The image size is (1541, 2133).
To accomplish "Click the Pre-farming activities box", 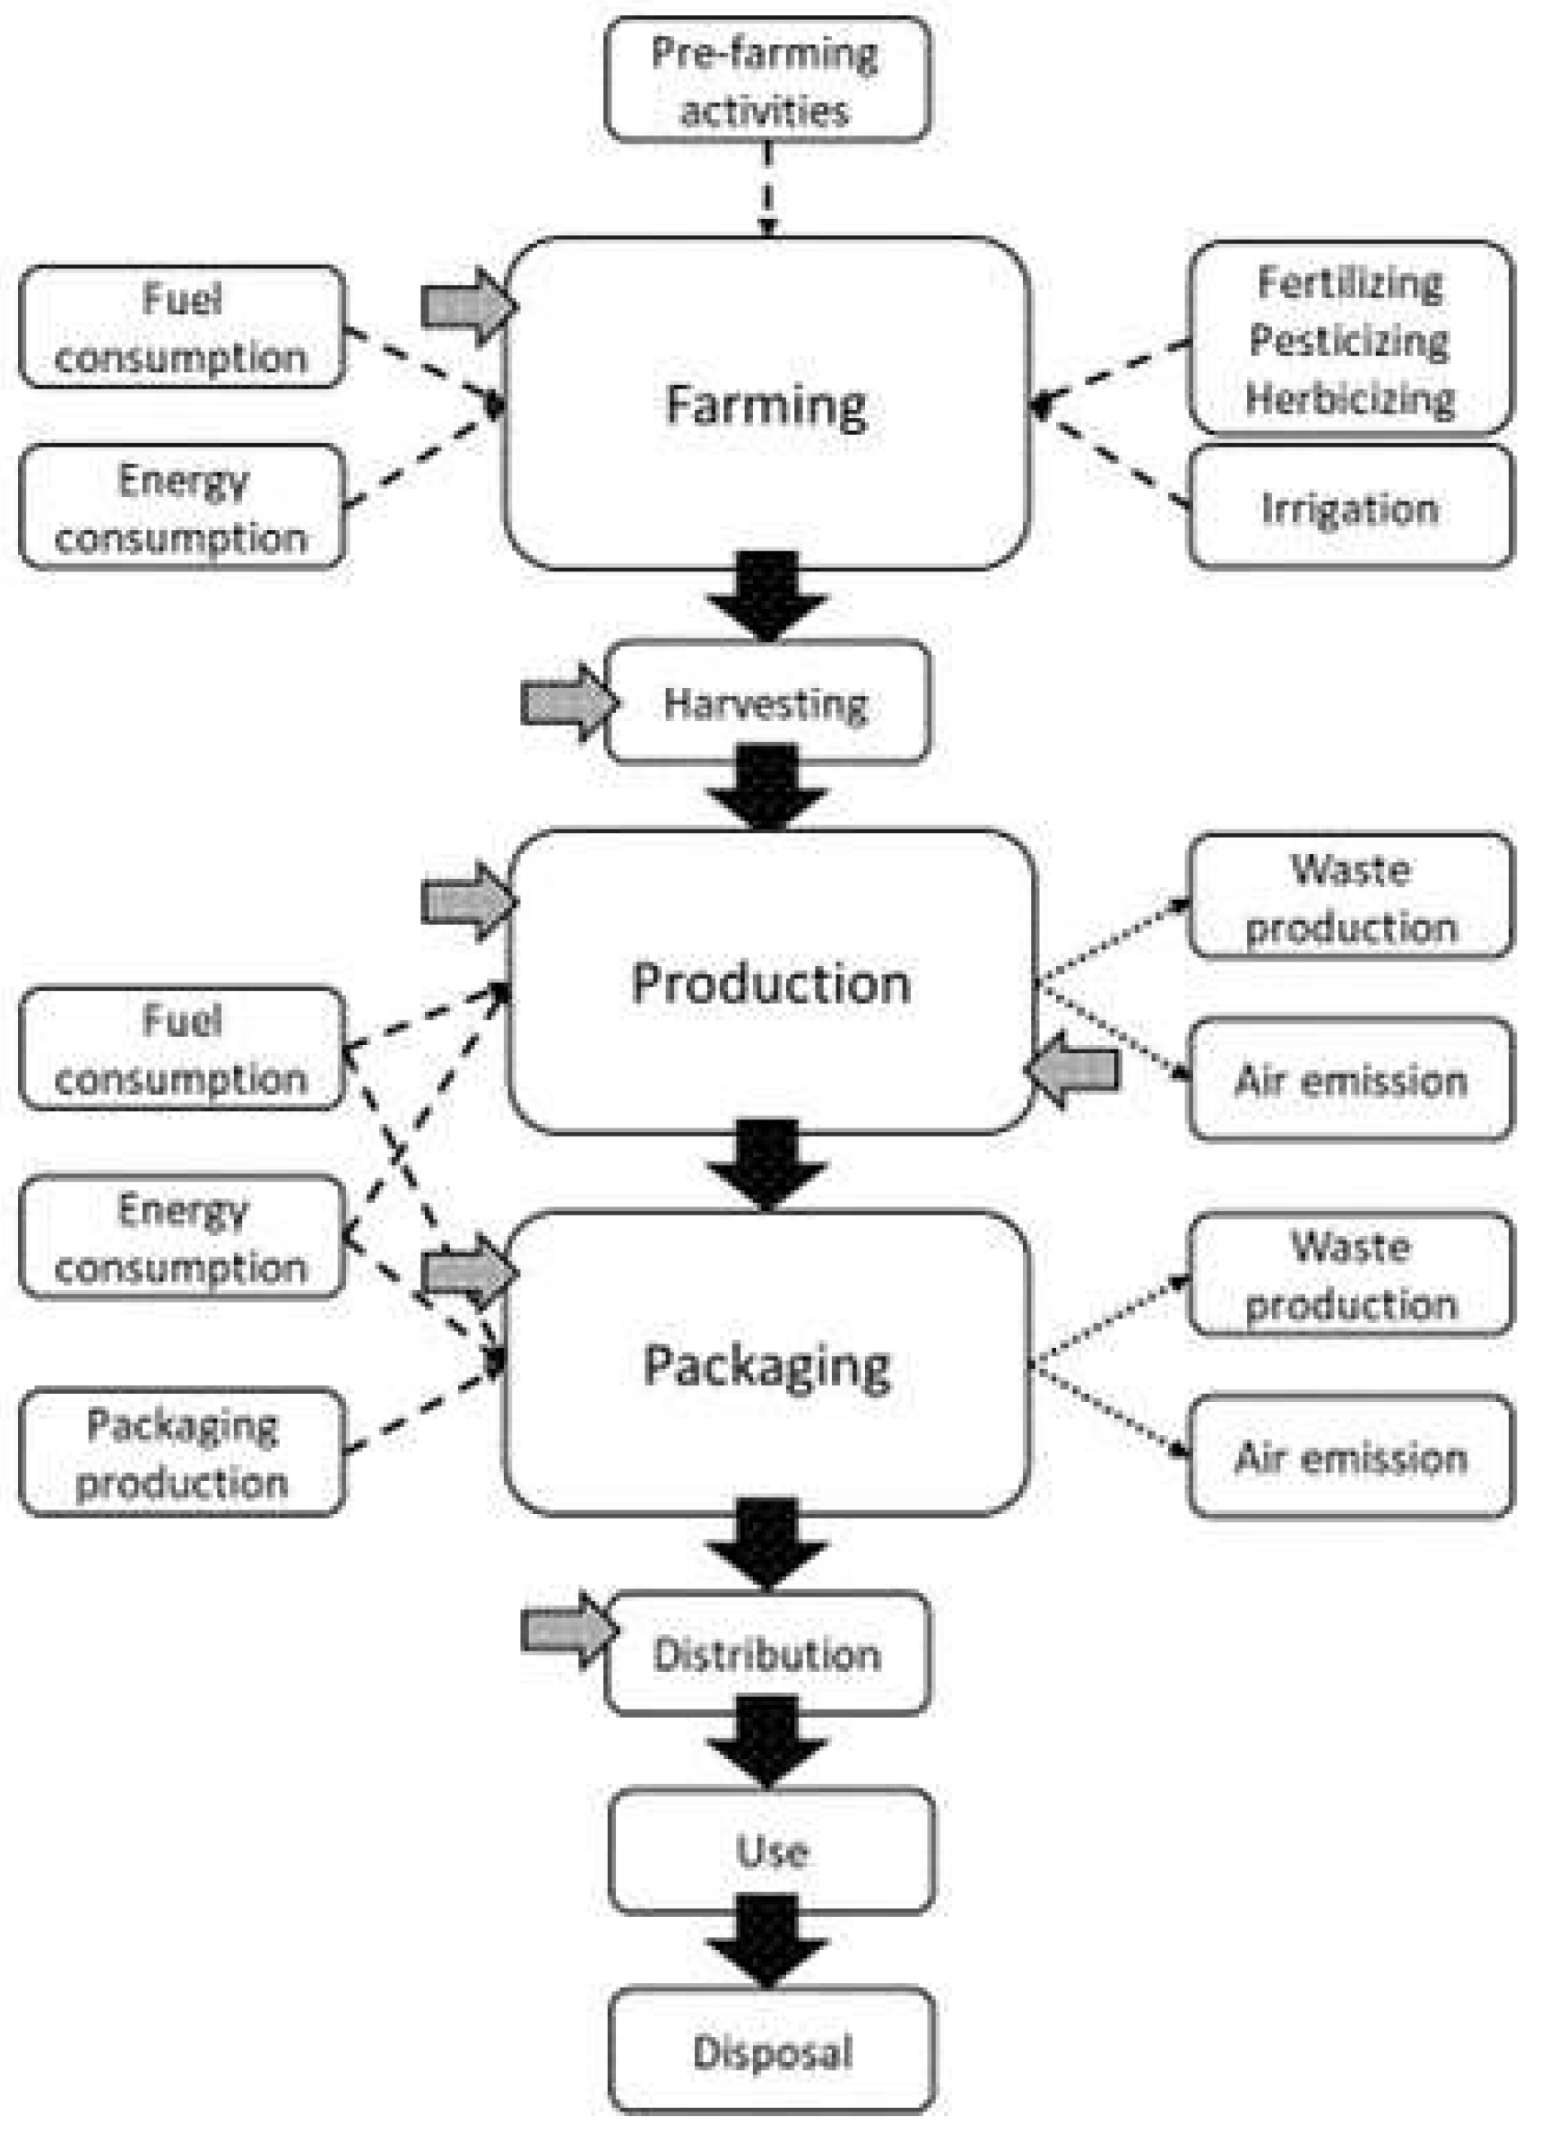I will (767, 80).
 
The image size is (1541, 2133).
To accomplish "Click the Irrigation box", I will (1350, 508).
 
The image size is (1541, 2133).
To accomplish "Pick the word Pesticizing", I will (1349, 341).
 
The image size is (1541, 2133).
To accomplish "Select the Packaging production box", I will (181, 1453).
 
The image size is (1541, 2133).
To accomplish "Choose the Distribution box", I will (767, 1652).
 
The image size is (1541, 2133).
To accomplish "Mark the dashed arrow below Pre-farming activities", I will (768, 188).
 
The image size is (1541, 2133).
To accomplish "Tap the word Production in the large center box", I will (771, 984).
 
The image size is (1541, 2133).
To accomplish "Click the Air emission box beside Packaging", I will (1350, 1458).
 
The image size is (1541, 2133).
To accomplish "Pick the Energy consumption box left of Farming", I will (181, 508).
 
